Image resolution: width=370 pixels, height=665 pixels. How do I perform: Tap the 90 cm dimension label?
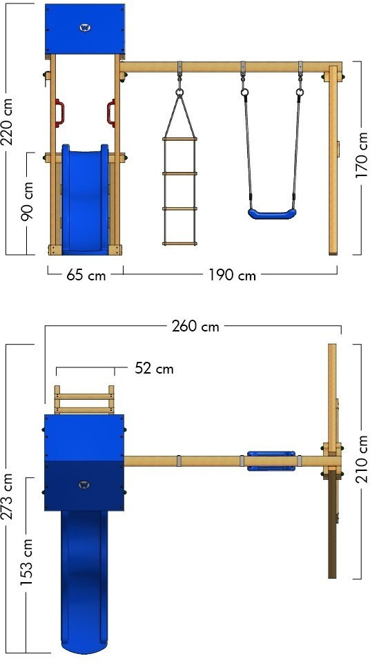coord(28,201)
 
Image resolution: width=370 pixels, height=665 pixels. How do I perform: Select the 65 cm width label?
coord(86,276)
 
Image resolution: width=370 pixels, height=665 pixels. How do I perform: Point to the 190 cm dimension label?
coord(232,276)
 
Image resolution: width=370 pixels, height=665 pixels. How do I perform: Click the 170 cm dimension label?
coord(362,155)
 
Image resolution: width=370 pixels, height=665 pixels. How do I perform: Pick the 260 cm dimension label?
coord(195,326)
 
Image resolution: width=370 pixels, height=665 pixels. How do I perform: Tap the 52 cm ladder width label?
coord(154,369)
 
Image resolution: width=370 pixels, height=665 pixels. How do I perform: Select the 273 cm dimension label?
coord(8,496)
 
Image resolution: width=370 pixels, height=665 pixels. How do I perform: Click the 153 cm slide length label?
coord(27,562)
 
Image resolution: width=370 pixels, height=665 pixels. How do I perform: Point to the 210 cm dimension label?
coord(362,459)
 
